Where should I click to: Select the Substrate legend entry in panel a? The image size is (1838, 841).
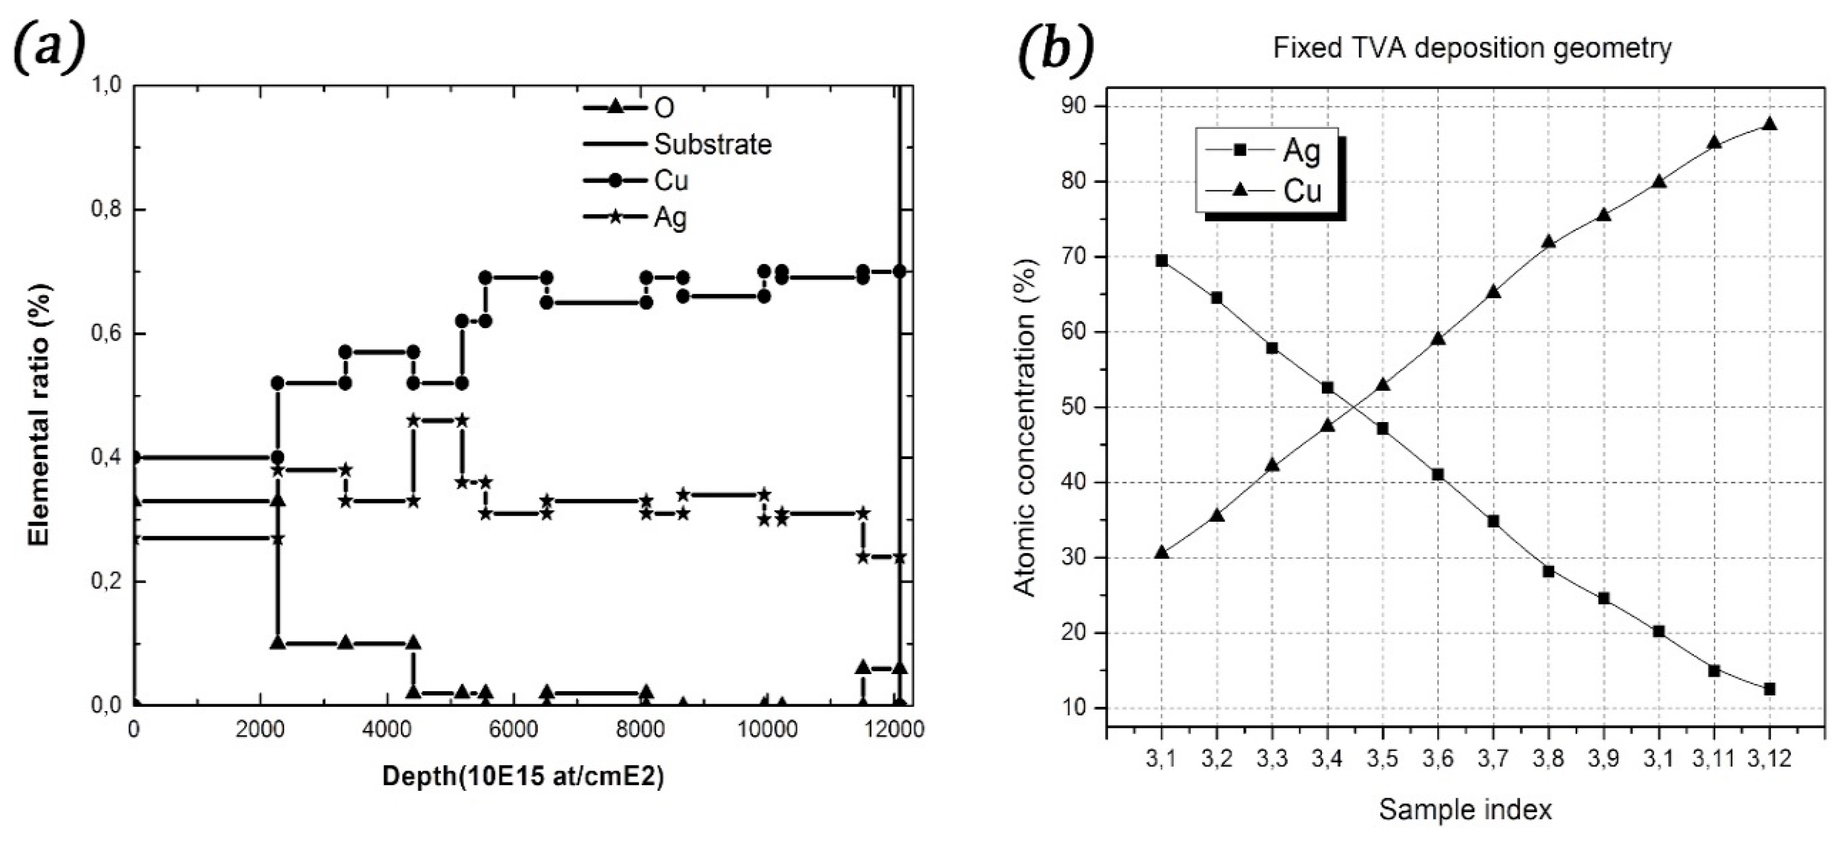(x=712, y=145)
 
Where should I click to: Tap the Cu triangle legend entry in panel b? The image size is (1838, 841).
(x=1302, y=191)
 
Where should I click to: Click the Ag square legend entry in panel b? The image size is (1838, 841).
(x=1302, y=151)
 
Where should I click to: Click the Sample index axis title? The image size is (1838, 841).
(x=1465, y=810)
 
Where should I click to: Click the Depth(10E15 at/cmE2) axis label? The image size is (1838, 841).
(x=523, y=777)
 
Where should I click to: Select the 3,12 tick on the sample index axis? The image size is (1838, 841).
(x=1770, y=759)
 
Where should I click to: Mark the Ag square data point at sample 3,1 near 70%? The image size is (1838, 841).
(x=1162, y=261)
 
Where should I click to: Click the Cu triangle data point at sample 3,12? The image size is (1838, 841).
(x=1770, y=124)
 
